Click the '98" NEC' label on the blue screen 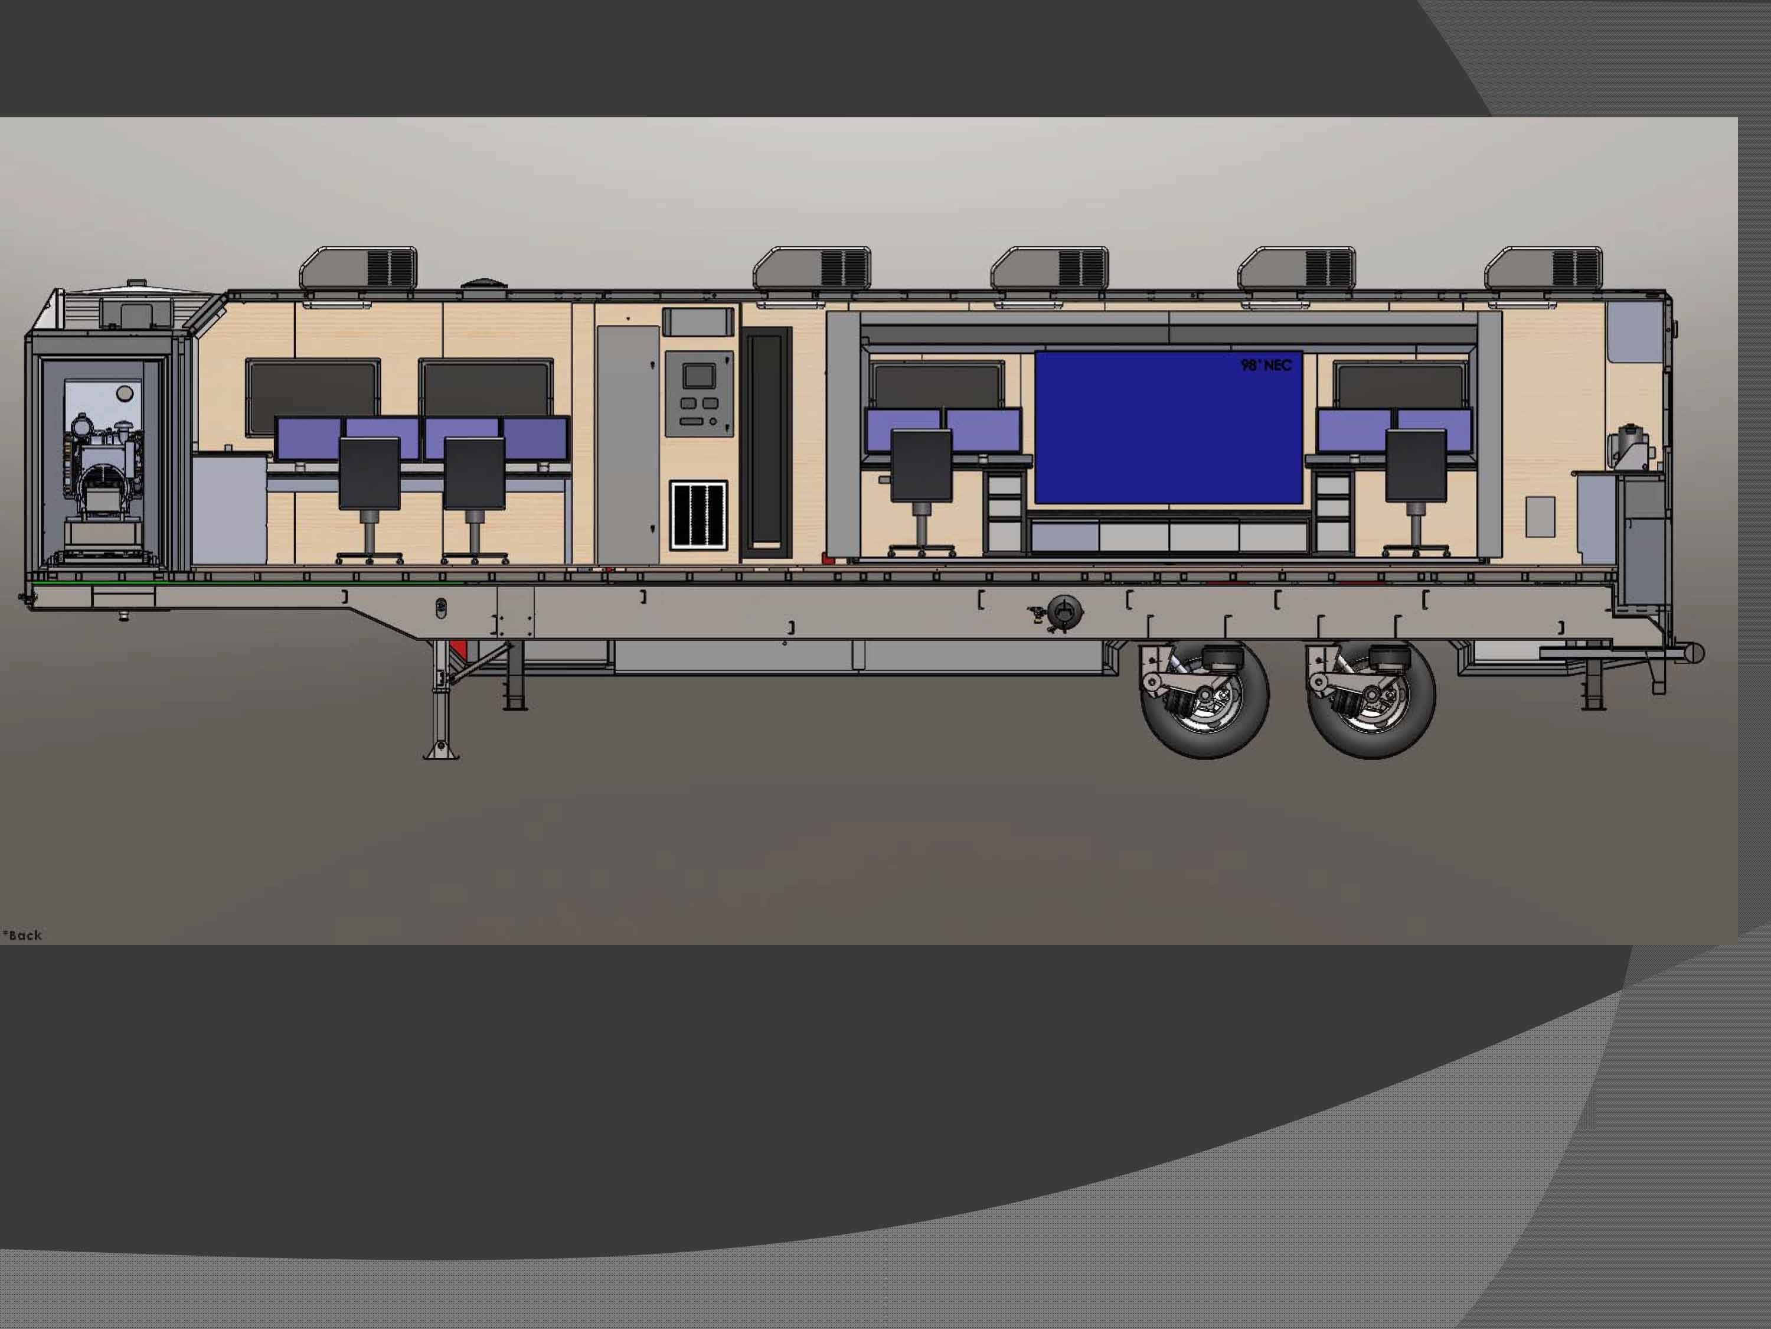click(x=1266, y=365)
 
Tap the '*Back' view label click(x=22, y=935)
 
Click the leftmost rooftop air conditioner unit click(x=358, y=268)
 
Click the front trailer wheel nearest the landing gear click(x=1205, y=698)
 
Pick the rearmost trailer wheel click(x=1371, y=698)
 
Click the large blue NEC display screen click(x=1168, y=427)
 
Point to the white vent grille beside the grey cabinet click(x=698, y=515)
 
